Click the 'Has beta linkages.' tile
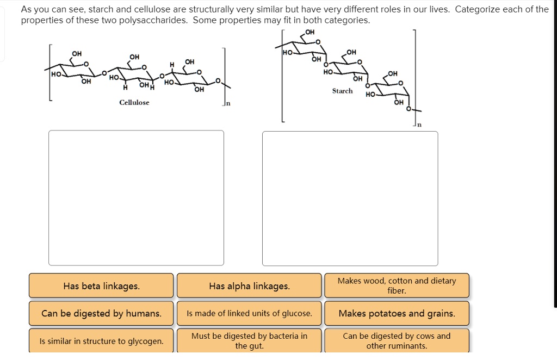coord(101,286)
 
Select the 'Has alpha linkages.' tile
coord(249,286)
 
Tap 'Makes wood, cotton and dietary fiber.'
coord(397,286)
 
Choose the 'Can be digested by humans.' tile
coord(101,313)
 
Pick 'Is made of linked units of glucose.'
coord(249,313)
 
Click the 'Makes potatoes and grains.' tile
coord(397,313)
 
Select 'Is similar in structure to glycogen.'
coord(101,341)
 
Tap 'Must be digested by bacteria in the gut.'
coord(249,341)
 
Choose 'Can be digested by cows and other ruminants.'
coord(397,341)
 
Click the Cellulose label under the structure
coord(134,103)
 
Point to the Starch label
coord(343,91)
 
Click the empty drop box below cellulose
coord(136,198)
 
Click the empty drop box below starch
coord(350,198)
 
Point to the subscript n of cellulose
coord(228,104)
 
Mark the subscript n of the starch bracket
coord(419,125)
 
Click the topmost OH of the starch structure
coord(310,32)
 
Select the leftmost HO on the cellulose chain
coord(56,74)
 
